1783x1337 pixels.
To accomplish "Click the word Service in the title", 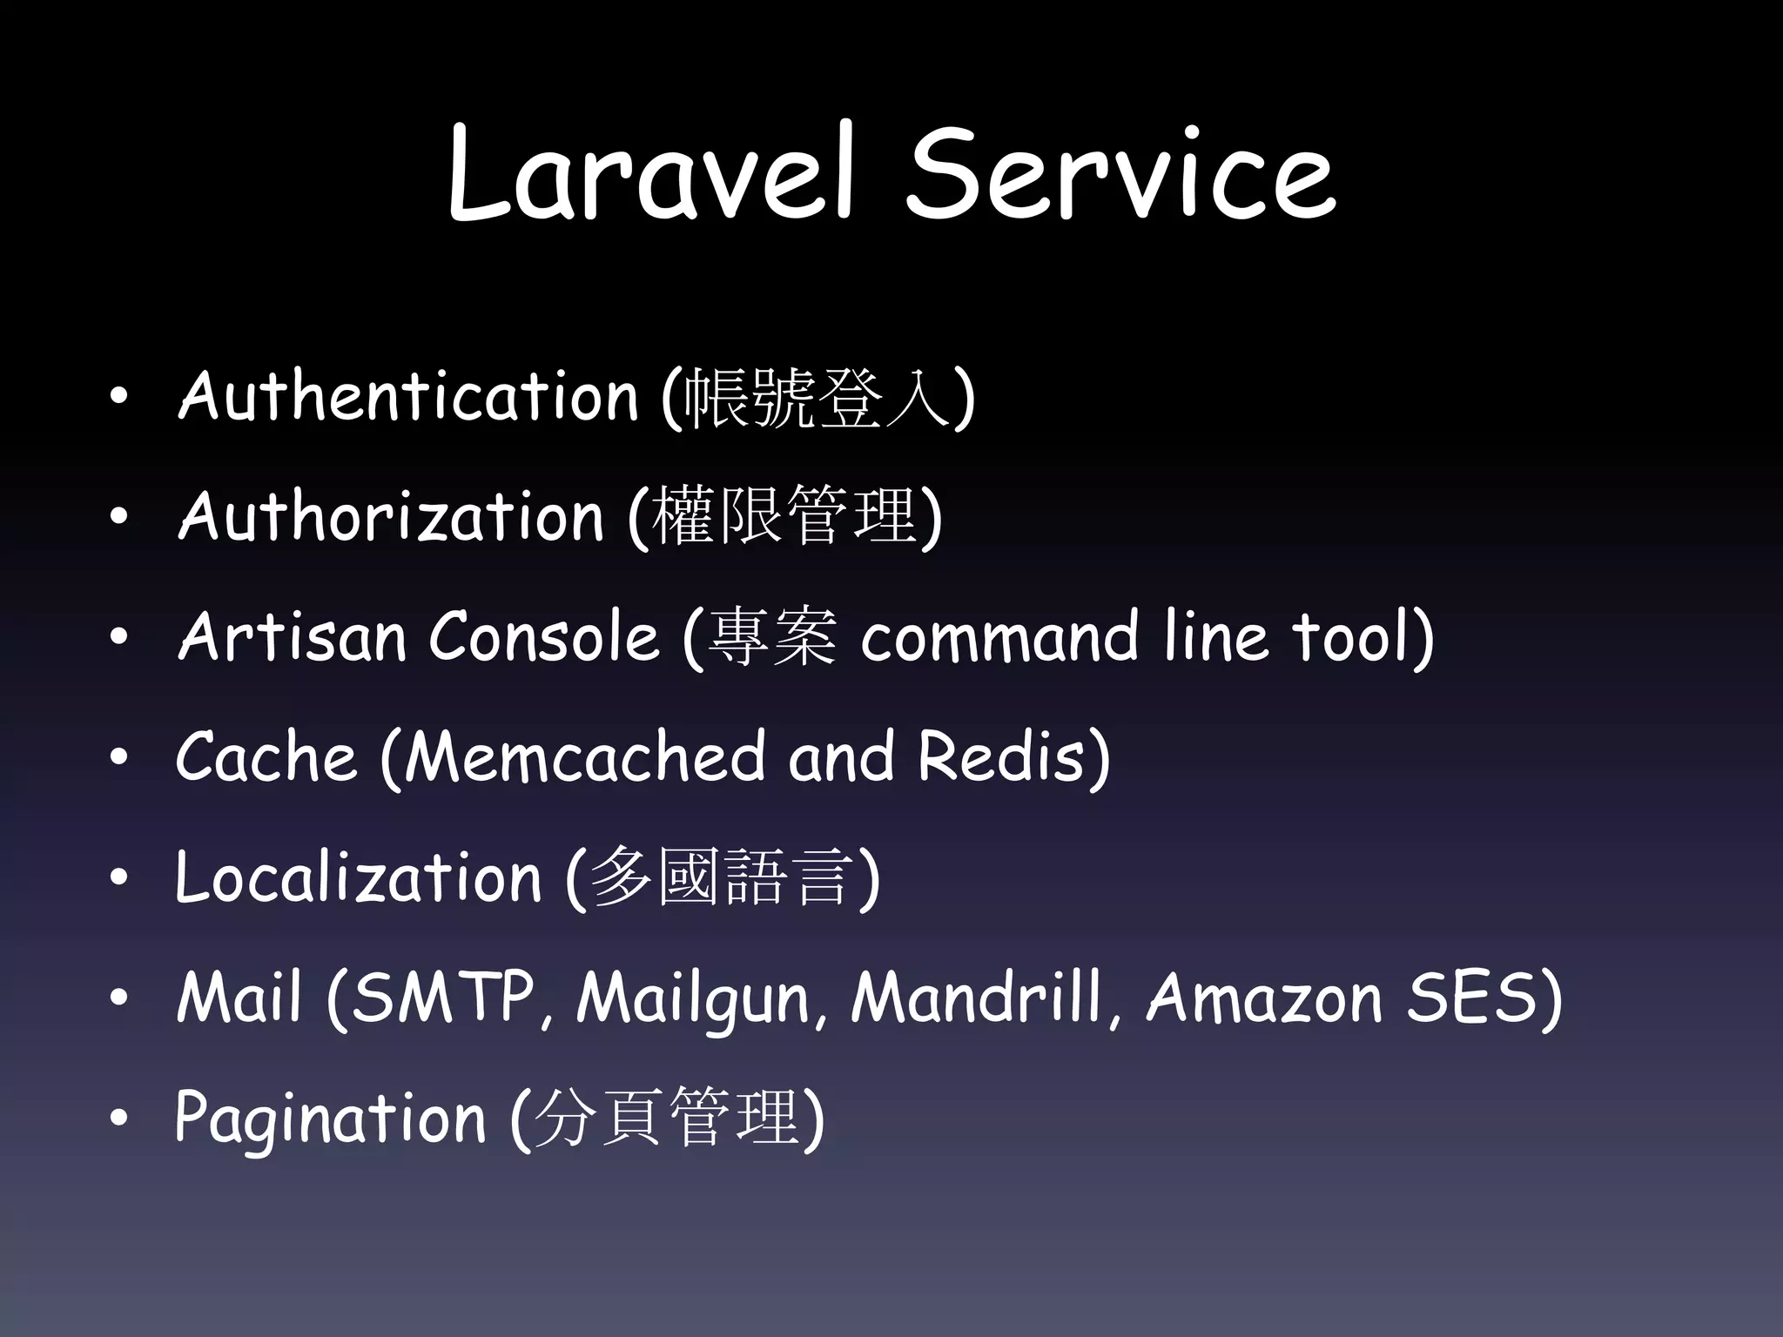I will pos(1120,174).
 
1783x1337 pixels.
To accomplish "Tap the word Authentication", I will pos(407,396).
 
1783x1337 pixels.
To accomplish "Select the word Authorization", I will pos(390,516).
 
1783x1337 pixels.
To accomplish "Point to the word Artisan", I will pos(292,636).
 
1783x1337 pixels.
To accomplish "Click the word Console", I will pos(543,636).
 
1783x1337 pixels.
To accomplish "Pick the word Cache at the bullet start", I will pos(266,756).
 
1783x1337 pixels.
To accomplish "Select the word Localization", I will pos(358,877).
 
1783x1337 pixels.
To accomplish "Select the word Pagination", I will pos(330,1119).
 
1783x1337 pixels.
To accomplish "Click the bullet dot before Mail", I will pos(119,998).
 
